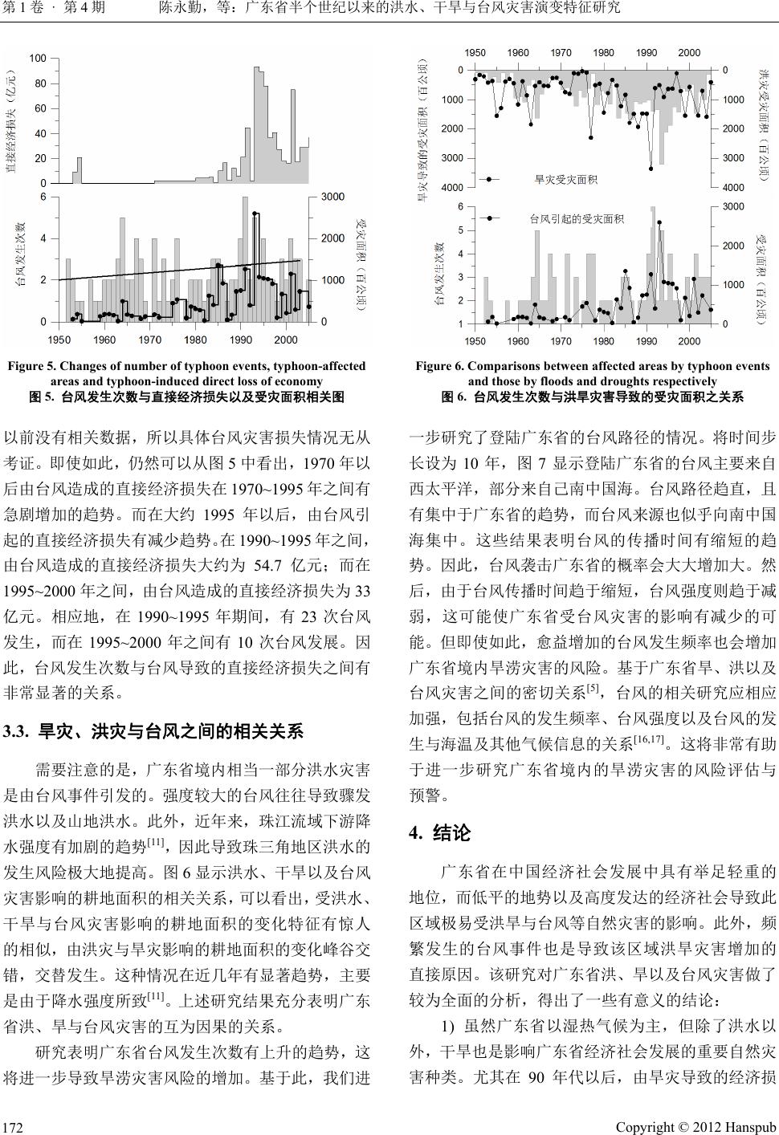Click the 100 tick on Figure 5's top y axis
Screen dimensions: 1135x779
pyautogui.click(x=38, y=59)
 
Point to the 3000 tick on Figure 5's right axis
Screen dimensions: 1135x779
pyautogui.click(x=333, y=197)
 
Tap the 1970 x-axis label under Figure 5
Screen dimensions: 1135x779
pyautogui.click(x=149, y=340)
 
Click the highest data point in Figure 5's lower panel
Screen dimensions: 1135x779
pyautogui.click(x=255, y=214)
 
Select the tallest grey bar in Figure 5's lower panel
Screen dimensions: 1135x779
pyautogui.click(x=247, y=197)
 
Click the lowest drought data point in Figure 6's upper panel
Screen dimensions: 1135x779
pyautogui.click(x=651, y=169)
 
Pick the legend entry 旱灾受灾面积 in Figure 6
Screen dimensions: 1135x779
pyautogui.click(x=565, y=179)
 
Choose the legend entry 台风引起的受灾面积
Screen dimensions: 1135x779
pyautogui.click(x=576, y=218)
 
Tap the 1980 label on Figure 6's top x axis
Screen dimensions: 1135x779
pyautogui.click(x=603, y=53)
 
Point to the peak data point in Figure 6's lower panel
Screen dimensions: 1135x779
pyautogui.click(x=659, y=222)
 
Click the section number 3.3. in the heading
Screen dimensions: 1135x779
pyautogui.click(x=17, y=732)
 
